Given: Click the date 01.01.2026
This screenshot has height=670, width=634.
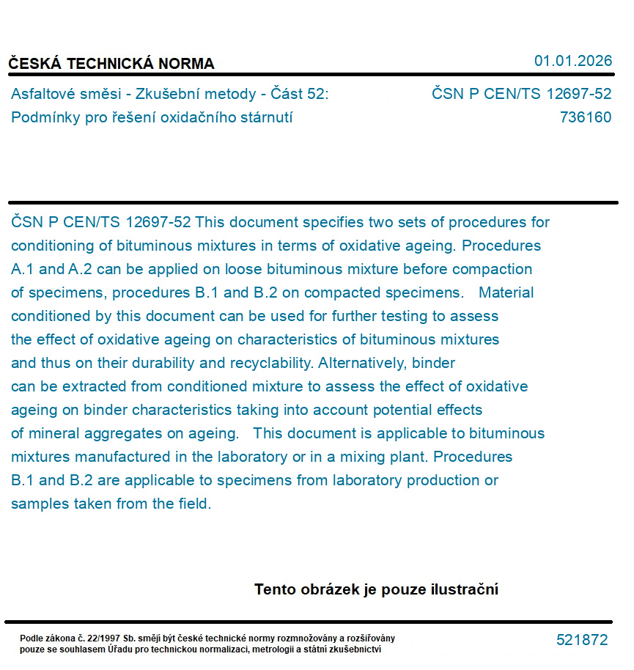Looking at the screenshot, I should pyautogui.click(x=572, y=61).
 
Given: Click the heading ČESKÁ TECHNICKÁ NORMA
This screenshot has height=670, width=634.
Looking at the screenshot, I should pyautogui.click(x=111, y=64).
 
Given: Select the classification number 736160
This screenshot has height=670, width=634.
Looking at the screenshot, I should pyautogui.click(x=585, y=117).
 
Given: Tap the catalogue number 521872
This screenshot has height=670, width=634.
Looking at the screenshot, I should pyautogui.click(x=582, y=640).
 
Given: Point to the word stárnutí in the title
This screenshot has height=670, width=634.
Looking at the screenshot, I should pyautogui.click(x=264, y=117).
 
